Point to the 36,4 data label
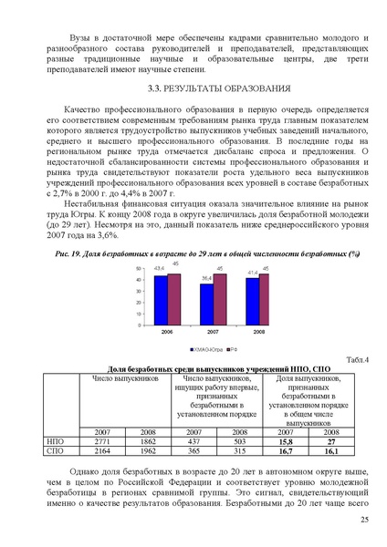(x=207, y=277)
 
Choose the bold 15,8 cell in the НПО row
(x=286, y=440)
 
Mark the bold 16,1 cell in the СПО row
(x=330, y=450)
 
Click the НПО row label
(x=55, y=440)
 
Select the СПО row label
(x=55, y=450)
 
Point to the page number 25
(x=364, y=520)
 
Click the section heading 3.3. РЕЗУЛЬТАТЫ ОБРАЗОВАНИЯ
(x=219, y=89)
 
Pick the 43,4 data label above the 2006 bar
(x=159, y=268)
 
